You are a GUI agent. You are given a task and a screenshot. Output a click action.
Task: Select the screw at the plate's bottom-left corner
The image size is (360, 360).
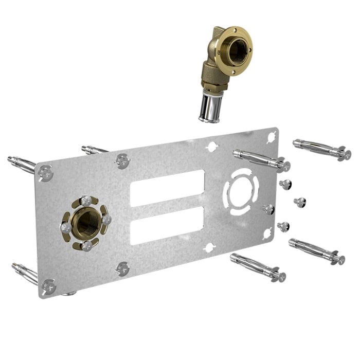[48, 286]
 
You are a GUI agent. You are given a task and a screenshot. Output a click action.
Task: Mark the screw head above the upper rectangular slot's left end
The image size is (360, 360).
[122, 160]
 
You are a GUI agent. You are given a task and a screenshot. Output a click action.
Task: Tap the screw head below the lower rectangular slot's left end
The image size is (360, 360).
[122, 268]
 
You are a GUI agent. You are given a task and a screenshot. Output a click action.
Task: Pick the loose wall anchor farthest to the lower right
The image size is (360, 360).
[316, 251]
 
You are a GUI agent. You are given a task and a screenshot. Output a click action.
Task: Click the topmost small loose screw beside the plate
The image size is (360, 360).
[284, 184]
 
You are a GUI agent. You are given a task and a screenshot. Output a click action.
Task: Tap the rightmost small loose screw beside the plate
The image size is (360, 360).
[301, 202]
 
